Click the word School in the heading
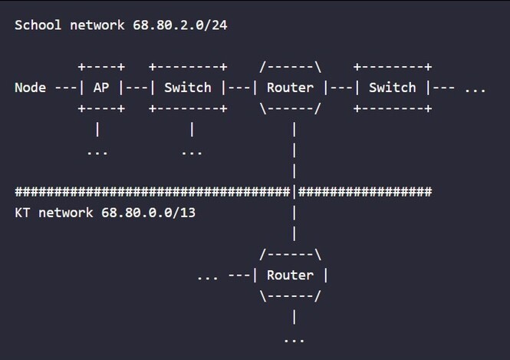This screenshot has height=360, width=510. (x=38, y=25)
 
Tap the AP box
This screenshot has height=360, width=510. (x=101, y=88)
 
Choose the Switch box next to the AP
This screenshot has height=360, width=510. (x=188, y=88)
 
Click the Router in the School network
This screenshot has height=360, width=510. (x=290, y=88)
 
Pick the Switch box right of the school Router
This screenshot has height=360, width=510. (x=392, y=88)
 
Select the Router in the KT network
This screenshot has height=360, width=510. (x=290, y=276)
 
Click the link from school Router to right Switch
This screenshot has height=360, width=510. (x=341, y=88)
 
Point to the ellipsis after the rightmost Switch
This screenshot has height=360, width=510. (x=475, y=88)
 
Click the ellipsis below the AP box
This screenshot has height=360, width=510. (x=97, y=151)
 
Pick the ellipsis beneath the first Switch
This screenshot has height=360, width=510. (x=192, y=151)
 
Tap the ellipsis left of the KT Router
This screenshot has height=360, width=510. (x=207, y=276)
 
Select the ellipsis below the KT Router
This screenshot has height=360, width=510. (x=294, y=339)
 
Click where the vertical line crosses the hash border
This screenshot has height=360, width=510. (x=294, y=192)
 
